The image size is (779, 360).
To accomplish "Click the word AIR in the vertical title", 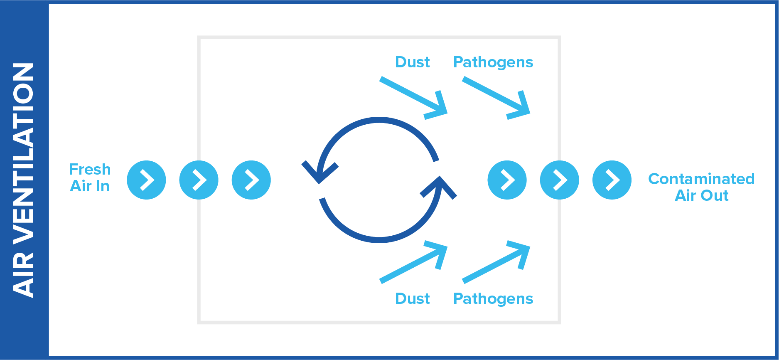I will (23, 274).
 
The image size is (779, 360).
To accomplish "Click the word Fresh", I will (90, 170).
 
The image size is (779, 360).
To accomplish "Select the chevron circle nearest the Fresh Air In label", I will (146, 180).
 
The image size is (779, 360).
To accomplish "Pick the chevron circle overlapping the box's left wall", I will (199, 180).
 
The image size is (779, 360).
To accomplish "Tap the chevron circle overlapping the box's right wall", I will (559, 180).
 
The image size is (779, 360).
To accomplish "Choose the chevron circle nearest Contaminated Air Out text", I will (612, 180).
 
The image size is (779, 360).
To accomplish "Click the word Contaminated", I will (701, 179).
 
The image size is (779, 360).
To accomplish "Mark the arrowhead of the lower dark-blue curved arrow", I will (439, 187).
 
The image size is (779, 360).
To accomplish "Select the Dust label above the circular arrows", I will (412, 62).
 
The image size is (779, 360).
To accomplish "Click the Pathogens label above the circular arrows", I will (493, 62).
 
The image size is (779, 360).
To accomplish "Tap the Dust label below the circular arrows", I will (412, 298).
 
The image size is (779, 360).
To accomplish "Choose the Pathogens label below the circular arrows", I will (493, 298).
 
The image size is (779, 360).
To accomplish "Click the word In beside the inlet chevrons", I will (102, 186).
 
